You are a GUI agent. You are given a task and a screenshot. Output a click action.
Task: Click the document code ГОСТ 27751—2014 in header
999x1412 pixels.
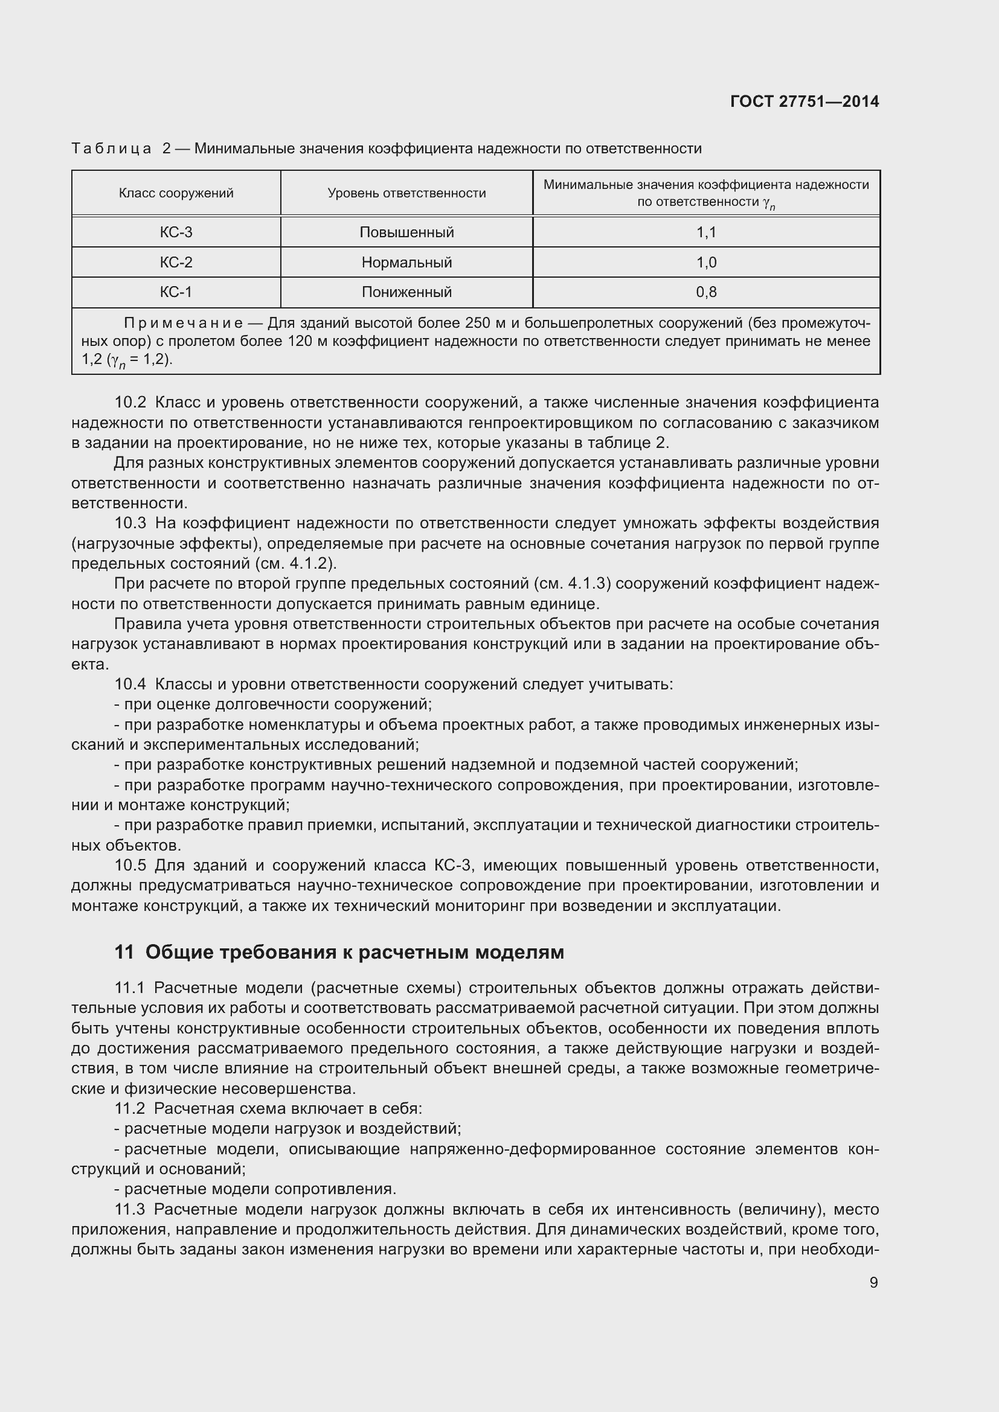(x=805, y=101)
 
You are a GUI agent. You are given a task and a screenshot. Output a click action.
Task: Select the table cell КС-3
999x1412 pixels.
(x=176, y=232)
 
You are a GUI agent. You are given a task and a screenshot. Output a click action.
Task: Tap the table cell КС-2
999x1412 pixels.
(x=176, y=263)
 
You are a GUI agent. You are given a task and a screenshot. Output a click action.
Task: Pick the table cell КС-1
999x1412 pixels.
(x=176, y=292)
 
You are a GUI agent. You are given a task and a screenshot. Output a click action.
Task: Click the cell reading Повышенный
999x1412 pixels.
(x=406, y=232)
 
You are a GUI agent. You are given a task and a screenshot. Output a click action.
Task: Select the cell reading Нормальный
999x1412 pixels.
(x=406, y=263)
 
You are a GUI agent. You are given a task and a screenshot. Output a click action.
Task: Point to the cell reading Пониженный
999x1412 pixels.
(x=406, y=292)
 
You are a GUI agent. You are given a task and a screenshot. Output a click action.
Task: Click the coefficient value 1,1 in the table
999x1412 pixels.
(x=706, y=232)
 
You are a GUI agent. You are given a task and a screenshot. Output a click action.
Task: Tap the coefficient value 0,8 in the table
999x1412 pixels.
(x=706, y=292)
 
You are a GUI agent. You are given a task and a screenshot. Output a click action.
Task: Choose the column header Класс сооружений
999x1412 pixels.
(x=176, y=193)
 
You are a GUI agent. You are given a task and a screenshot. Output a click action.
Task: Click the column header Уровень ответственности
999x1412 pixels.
(x=406, y=193)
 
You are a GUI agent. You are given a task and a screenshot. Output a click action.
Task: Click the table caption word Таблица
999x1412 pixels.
(x=111, y=149)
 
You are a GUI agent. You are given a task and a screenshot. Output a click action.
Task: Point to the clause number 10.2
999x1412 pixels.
(x=130, y=403)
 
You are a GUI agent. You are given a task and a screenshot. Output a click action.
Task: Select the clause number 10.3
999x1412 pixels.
(x=130, y=523)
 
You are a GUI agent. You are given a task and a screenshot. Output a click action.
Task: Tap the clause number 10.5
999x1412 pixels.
(x=130, y=866)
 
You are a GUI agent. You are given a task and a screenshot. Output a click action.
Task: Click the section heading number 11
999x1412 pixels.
(x=124, y=953)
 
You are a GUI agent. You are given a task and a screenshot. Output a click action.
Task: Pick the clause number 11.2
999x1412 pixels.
(x=130, y=1109)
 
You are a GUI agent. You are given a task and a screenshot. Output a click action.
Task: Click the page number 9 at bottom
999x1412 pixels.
(x=873, y=1282)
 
